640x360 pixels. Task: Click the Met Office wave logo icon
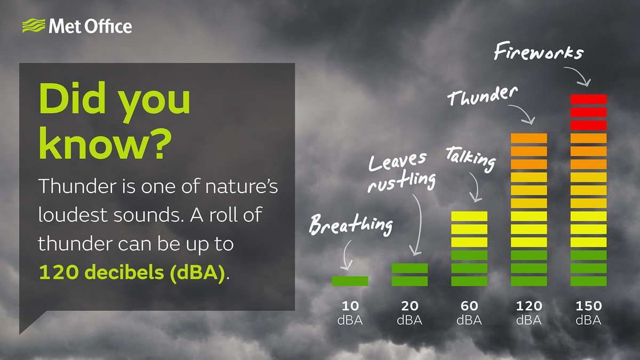[x=34, y=26]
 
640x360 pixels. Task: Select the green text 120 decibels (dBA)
[x=132, y=273]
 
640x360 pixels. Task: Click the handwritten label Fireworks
[x=539, y=51]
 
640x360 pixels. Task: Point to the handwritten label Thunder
[x=482, y=95]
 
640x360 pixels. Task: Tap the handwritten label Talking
[x=470, y=159]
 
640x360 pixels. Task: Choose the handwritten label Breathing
[x=351, y=225]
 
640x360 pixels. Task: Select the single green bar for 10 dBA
[x=350, y=281]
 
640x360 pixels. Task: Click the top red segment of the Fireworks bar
[x=589, y=99]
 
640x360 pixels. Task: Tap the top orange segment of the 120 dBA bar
[x=529, y=138]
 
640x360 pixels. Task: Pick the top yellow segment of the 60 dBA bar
[x=469, y=216]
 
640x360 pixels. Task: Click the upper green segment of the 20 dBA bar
[x=410, y=268]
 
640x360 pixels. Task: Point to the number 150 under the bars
[x=589, y=306]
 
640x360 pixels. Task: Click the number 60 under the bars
[x=469, y=306]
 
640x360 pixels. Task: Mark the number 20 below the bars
[x=410, y=306]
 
